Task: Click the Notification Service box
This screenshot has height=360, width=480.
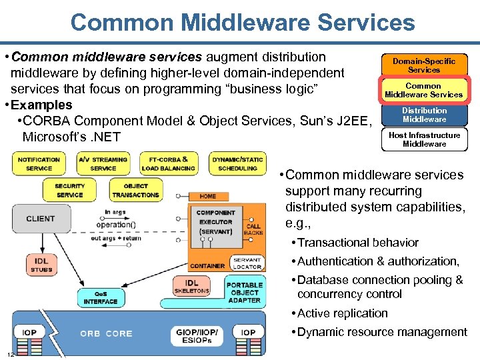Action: point(39,164)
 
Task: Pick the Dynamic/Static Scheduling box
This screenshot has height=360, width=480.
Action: point(237,164)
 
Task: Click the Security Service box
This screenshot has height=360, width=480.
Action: point(69,191)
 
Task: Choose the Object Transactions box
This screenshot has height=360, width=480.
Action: point(136,191)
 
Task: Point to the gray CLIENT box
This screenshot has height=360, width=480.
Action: point(41,219)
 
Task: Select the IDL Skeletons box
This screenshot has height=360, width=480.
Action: point(191,287)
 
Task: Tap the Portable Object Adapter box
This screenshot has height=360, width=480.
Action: point(245,292)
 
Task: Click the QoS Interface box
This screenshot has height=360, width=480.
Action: point(100,298)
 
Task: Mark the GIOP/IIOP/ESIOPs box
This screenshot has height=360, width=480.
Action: point(197,335)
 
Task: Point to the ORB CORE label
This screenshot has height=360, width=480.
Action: point(107,333)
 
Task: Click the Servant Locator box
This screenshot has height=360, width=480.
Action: point(247,263)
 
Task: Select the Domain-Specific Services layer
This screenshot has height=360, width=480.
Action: point(424,65)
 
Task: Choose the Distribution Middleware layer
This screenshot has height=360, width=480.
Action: point(424,115)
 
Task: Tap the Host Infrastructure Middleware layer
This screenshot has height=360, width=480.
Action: point(424,139)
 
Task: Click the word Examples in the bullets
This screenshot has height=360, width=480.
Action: point(42,105)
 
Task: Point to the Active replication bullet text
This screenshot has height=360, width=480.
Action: point(342,313)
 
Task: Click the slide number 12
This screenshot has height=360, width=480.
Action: point(11,354)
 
